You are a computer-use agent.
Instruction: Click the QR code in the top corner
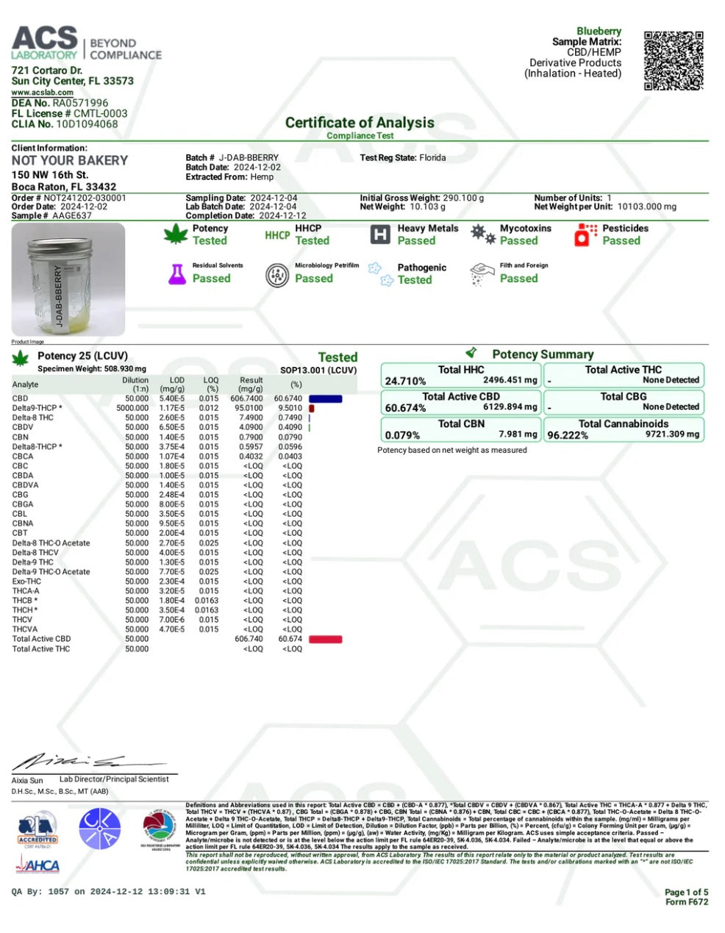tap(673, 60)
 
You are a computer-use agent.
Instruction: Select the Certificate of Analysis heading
tap(360, 123)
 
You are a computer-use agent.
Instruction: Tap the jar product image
tap(68, 279)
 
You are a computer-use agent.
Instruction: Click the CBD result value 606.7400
tap(249, 398)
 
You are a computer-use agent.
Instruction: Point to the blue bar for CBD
tap(326, 398)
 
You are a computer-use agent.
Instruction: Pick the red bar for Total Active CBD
tap(325, 639)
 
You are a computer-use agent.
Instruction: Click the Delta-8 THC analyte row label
tap(32, 418)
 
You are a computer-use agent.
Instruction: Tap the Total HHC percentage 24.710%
tap(405, 381)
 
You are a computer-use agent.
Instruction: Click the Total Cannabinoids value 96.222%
tap(568, 435)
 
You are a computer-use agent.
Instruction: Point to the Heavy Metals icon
tap(379, 235)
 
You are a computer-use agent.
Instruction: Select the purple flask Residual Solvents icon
tap(176, 274)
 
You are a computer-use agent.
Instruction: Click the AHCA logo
tap(37, 866)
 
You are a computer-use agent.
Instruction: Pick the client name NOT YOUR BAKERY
tap(69, 160)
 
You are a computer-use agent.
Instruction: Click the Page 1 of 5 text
tap(686, 892)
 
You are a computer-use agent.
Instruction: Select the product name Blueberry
tap(599, 32)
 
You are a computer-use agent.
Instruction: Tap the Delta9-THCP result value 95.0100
tap(249, 408)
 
